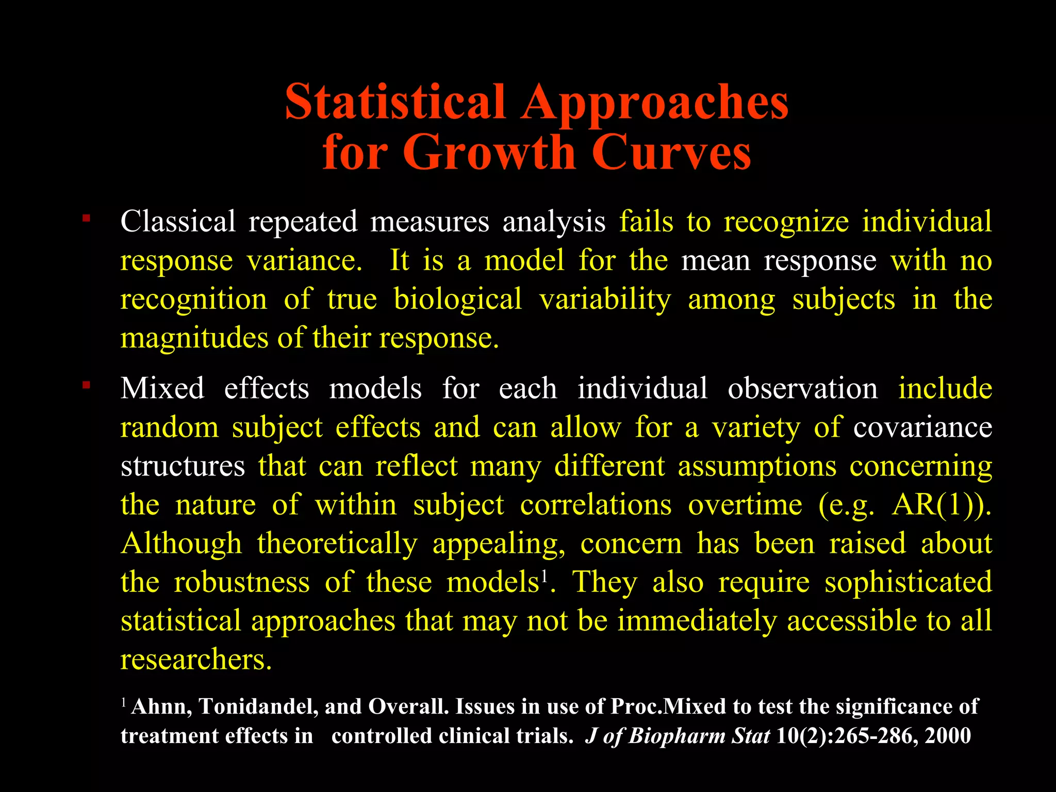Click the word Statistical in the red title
395,102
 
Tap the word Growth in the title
489,153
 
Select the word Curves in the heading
671,153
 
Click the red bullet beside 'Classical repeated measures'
86,219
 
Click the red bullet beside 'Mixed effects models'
86,385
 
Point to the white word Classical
178,222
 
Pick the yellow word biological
458,299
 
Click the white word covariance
922,427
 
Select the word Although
181,543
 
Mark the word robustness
242,582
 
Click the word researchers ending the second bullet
195,659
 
